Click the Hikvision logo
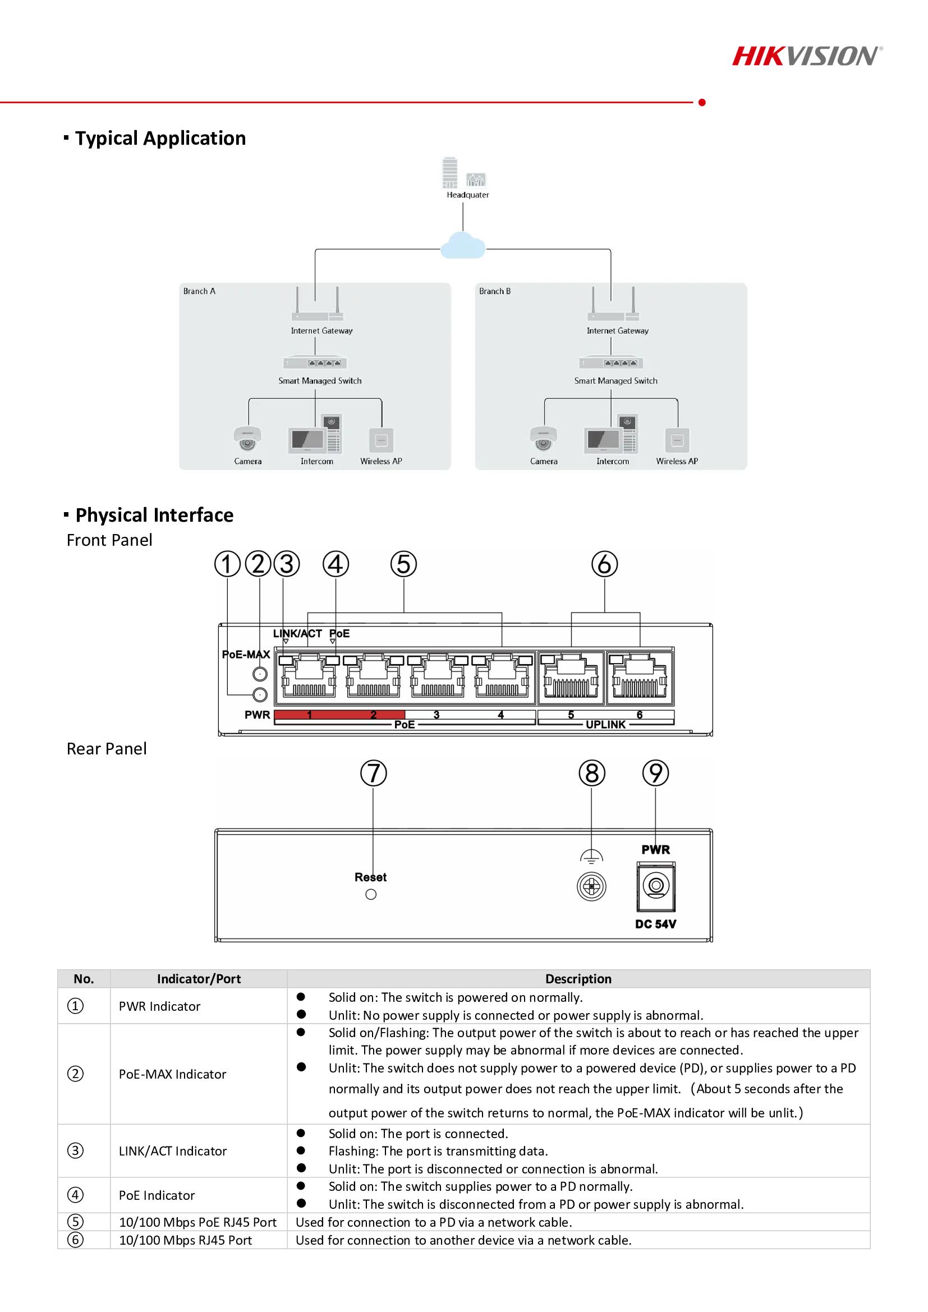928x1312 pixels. tap(807, 56)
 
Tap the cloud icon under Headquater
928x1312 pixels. tap(463, 245)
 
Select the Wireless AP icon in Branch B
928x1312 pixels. tap(677, 440)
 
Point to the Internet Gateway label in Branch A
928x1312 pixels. tap(321, 330)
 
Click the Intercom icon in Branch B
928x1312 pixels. tap(611, 434)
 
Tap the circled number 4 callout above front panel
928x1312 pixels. tap(336, 564)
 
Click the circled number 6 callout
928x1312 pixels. tap(605, 564)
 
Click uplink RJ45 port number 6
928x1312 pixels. tap(640, 678)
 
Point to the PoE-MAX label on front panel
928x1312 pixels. tap(246, 654)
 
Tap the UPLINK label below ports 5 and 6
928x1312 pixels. tap(606, 725)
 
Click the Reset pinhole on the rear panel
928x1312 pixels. tap(371, 894)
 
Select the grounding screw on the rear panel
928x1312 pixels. tap(591, 887)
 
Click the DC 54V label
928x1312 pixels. tap(655, 924)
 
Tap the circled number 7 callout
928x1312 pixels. tap(373, 773)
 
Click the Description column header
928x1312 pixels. tap(578, 979)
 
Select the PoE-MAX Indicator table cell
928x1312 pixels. tap(173, 1074)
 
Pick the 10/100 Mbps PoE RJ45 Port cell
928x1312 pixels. tap(197, 1222)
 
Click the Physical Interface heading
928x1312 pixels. tap(154, 515)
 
